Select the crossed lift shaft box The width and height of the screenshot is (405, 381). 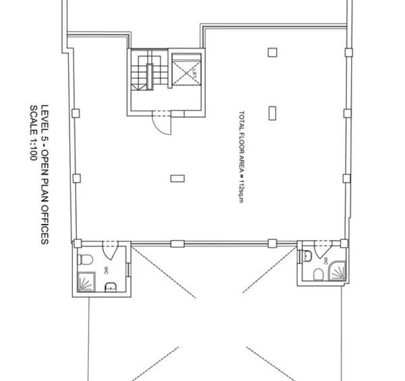[184, 70]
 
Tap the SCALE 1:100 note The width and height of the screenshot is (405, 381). [32, 132]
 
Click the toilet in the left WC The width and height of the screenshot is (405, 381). [86, 260]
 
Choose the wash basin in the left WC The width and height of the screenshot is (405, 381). [111, 289]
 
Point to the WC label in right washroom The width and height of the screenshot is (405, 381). [326, 260]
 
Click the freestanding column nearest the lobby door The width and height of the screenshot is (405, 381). [178, 177]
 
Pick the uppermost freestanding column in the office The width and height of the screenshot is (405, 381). [272, 51]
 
